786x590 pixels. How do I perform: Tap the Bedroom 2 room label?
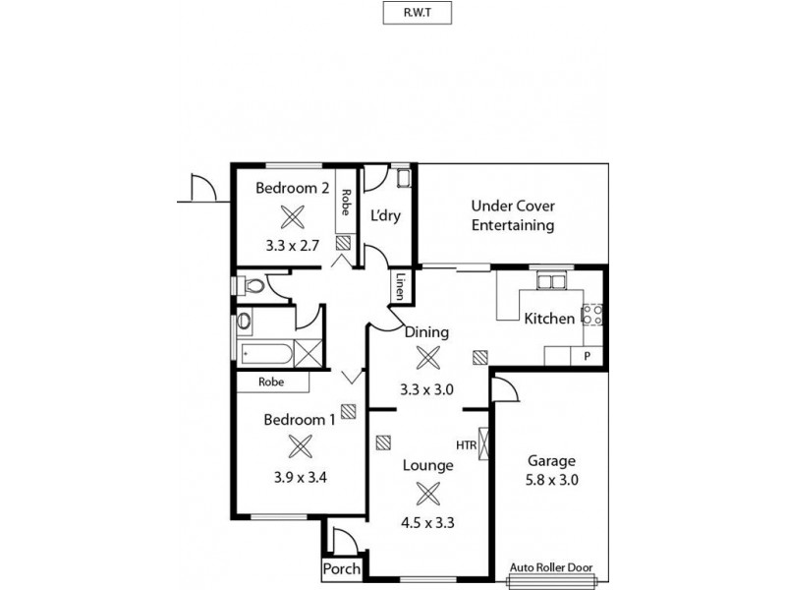(x=292, y=188)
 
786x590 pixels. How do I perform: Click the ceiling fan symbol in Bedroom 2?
(x=292, y=216)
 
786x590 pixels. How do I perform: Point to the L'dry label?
(x=385, y=216)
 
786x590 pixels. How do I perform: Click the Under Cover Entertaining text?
(x=512, y=215)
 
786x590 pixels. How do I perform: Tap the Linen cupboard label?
(x=401, y=286)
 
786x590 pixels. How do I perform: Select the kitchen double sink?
(x=549, y=283)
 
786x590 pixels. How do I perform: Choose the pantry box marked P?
(x=587, y=356)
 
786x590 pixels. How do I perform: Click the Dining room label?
(x=427, y=331)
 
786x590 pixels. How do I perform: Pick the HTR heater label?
(x=467, y=444)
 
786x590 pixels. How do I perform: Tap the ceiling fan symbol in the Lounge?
(x=427, y=494)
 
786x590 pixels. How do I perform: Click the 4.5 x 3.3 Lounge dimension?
(x=427, y=523)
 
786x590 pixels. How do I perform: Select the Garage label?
(x=551, y=460)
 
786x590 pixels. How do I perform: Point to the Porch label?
(x=341, y=569)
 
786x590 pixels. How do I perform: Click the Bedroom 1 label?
(x=300, y=419)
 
